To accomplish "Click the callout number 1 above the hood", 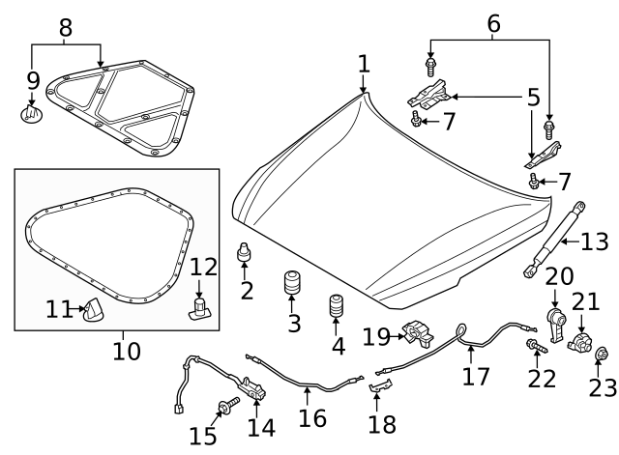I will click(363, 65).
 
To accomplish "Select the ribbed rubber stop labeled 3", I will click(291, 288).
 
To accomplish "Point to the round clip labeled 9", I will click(31, 116).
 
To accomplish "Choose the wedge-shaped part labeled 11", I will click(94, 310).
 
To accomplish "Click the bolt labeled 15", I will click(228, 408).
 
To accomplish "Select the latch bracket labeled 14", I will click(255, 388).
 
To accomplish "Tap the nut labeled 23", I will click(600, 355).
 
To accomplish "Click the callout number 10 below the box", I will click(126, 349).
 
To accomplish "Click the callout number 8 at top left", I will click(66, 27).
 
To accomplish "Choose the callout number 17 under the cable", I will click(475, 375).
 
